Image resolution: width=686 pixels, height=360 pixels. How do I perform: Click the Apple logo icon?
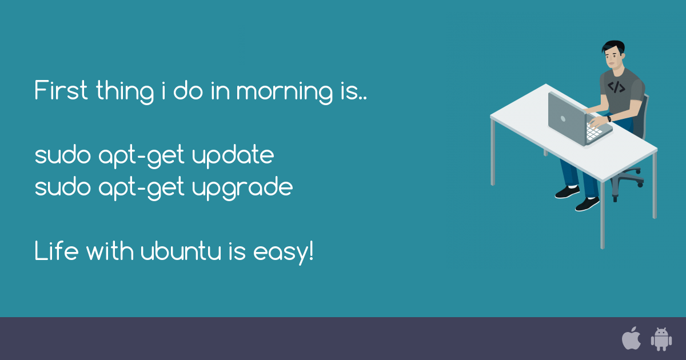631,338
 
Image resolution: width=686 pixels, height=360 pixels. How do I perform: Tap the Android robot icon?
661,339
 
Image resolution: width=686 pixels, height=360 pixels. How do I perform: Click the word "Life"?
55,251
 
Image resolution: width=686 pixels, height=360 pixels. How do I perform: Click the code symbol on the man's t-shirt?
616,87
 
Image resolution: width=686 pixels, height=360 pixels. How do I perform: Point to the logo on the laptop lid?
563,119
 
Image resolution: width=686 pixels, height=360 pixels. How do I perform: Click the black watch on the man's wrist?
609,119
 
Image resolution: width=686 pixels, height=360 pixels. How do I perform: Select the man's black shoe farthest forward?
587,204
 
